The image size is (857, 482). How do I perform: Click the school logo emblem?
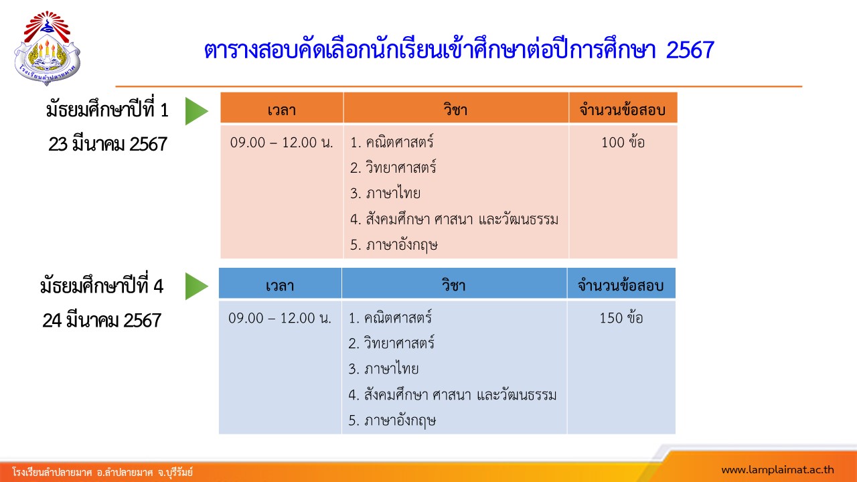tap(47, 48)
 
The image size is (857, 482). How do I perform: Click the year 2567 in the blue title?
tap(690, 50)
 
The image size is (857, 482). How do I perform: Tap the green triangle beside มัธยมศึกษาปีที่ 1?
tap(197, 111)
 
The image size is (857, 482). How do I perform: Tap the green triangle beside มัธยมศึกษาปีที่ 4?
tap(197, 286)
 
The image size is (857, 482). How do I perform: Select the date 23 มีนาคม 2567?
tap(108, 145)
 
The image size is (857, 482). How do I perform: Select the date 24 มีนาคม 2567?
tap(102, 321)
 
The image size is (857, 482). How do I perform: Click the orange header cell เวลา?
tap(282, 108)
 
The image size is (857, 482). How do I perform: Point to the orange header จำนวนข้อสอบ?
tap(623, 108)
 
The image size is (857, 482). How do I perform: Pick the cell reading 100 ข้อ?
tap(623, 143)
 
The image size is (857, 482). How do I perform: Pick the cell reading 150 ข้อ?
tap(621, 318)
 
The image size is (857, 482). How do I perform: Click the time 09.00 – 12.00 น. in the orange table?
tap(282, 143)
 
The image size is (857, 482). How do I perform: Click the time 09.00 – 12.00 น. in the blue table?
tap(280, 318)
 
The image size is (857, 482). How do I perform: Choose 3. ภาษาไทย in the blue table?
tap(384, 368)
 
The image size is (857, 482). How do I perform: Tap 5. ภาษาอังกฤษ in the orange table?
tap(394, 245)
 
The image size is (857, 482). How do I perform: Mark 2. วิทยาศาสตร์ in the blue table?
tap(392, 343)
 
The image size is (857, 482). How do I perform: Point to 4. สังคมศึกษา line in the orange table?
tap(454, 219)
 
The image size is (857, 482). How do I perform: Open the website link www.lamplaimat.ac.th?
tap(777, 470)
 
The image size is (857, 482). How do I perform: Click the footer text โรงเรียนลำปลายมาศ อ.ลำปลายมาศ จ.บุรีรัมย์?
tap(102, 472)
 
